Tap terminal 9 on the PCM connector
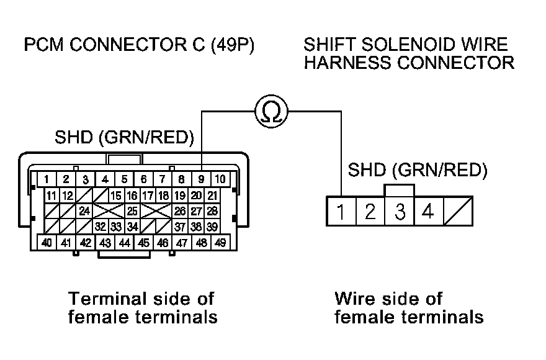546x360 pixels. pyautogui.click(x=201, y=179)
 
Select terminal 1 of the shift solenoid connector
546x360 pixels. pyautogui.click(x=341, y=212)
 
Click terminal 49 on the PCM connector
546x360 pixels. pyautogui.click(x=220, y=242)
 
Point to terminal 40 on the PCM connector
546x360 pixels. pyautogui.click(x=46, y=242)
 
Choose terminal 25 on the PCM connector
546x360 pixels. pyautogui.click(x=132, y=211)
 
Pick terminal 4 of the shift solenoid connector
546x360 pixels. pyautogui.click(x=427, y=212)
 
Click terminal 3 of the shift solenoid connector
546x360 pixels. pyautogui.click(x=400, y=212)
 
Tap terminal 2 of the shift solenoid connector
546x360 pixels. pyautogui.click(x=370, y=212)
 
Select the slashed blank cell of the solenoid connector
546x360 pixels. pyautogui.click(x=458, y=212)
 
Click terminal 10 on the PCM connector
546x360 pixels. pyautogui.click(x=220, y=179)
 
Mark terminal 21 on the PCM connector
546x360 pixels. pyautogui.click(x=212, y=196)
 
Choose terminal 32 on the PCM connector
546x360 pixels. pyautogui.click(x=100, y=226)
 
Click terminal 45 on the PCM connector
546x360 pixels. pyautogui.click(x=143, y=242)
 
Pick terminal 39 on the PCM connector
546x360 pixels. pyautogui.click(x=212, y=226)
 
